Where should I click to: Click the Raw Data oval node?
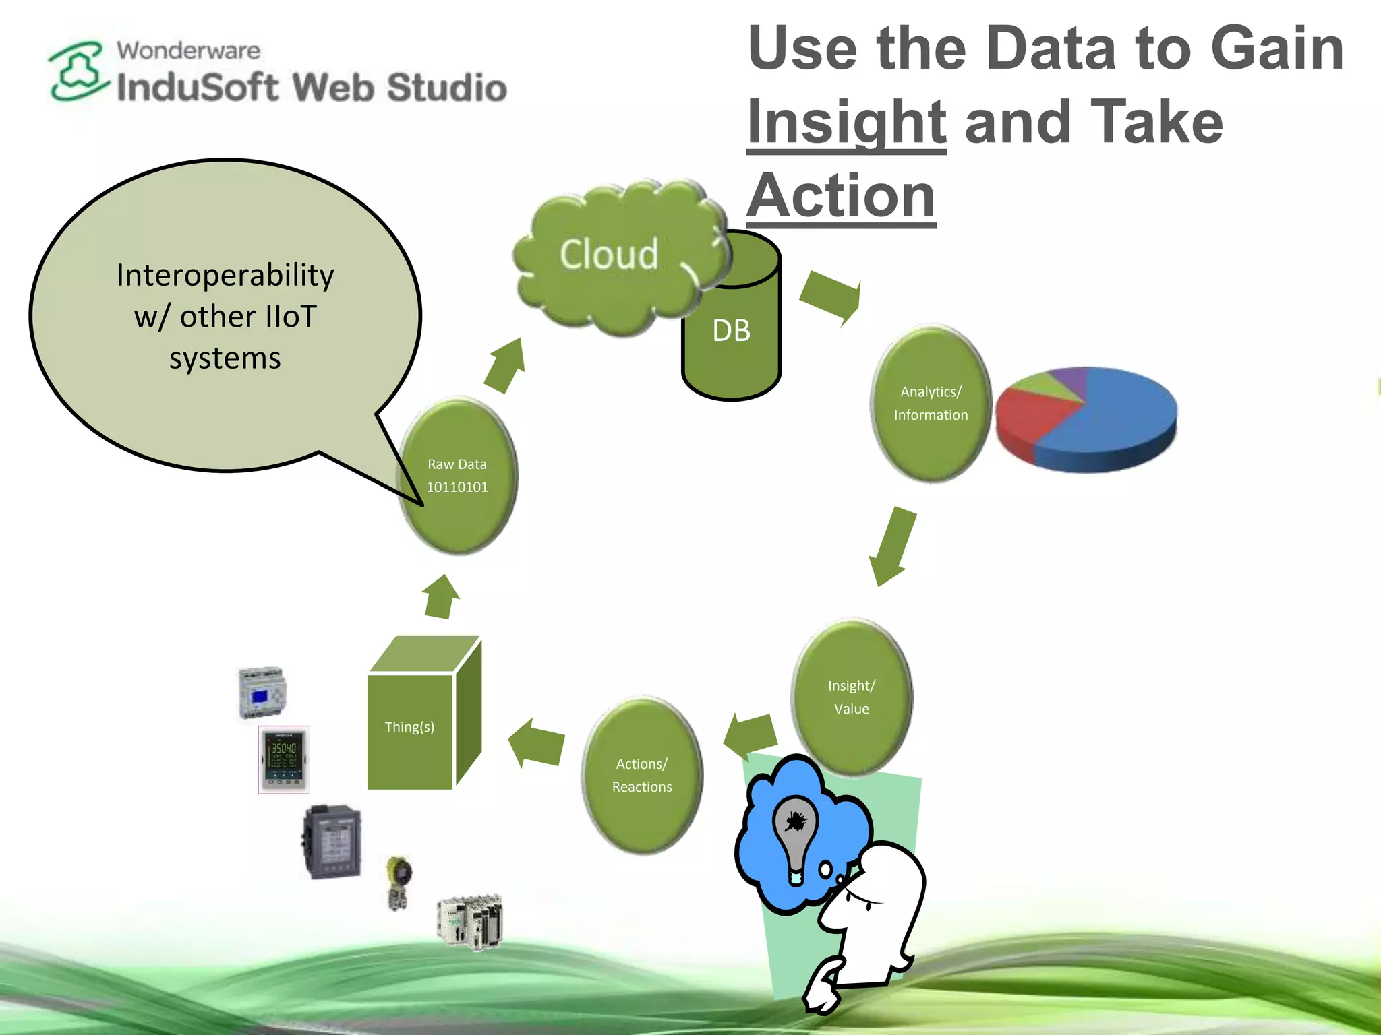pyautogui.click(x=458, y=476)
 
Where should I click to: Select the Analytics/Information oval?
pyautogui.click(x=931, y=404)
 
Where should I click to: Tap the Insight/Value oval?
pyautogui.click(x=851, y=697)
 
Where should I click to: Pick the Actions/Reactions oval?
pyautogui.click(x=642, y=775)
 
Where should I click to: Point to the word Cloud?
pyautogui.click(x=608, y=255)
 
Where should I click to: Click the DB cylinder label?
pyautogui.click(x=732, y=331)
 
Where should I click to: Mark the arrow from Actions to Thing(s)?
pyautogui.click(x=537, y=743)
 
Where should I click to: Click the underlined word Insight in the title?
pyautogui.click(x=846, y=122)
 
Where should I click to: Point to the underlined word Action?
pyautogui.click(x=841, y=196)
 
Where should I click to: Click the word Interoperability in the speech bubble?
pyautogui.click(x=225, y=276)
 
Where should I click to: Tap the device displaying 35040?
pyautogui.click(x=284, y=759)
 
